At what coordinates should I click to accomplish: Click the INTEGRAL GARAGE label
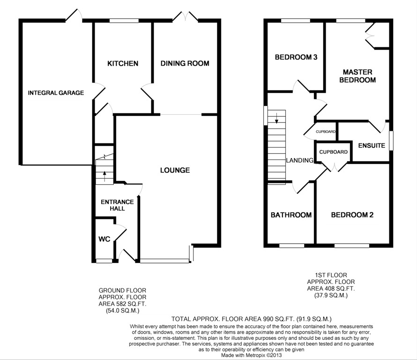56,93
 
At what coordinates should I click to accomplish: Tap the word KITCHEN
123,63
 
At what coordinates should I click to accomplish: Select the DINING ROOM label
185,63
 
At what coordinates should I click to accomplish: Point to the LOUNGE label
175,170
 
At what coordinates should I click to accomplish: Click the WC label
104,239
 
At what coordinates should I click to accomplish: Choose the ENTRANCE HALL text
117,205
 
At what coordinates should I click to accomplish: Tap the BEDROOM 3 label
296,57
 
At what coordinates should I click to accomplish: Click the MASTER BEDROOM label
357,76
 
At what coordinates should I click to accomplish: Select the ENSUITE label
372,145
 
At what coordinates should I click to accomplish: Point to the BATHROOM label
291,215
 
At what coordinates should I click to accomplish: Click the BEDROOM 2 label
352,215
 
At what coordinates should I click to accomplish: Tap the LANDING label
300,160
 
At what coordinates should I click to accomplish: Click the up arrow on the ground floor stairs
104,176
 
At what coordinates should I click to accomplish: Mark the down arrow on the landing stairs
276,118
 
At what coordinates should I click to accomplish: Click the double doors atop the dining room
186,16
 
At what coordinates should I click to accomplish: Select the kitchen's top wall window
124,21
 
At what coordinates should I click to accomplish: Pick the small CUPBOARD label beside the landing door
326,132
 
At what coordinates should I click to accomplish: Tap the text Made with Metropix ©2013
252,355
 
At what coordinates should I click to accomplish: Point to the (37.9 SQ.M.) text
331,295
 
